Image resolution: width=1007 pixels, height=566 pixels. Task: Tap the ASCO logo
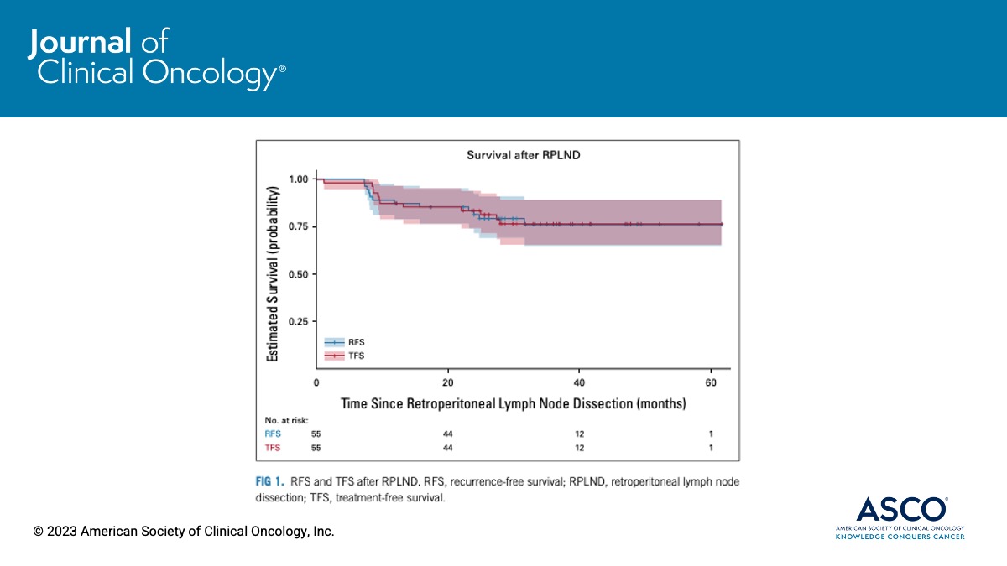899,518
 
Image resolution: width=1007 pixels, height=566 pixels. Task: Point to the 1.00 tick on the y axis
299,179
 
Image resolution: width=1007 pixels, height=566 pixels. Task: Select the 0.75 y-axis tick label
299,226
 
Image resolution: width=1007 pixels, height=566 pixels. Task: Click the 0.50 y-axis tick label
299,274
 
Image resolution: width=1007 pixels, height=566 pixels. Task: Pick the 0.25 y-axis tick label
299,322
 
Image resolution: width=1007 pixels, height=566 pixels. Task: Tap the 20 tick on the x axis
448,383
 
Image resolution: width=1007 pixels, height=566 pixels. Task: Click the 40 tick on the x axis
579,383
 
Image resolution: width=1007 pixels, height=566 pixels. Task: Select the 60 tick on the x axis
711,383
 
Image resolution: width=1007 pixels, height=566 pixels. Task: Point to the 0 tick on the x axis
316,383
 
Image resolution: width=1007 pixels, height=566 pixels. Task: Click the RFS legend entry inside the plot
356,342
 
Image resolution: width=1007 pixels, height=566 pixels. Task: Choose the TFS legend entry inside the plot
356,356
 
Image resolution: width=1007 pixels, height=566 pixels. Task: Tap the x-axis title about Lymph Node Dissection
513,404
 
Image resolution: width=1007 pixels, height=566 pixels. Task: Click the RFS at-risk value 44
448,434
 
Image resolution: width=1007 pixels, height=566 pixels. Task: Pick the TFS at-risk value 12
579,448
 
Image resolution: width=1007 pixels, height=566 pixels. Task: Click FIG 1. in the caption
279,482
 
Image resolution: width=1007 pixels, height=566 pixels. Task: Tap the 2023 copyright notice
184,532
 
